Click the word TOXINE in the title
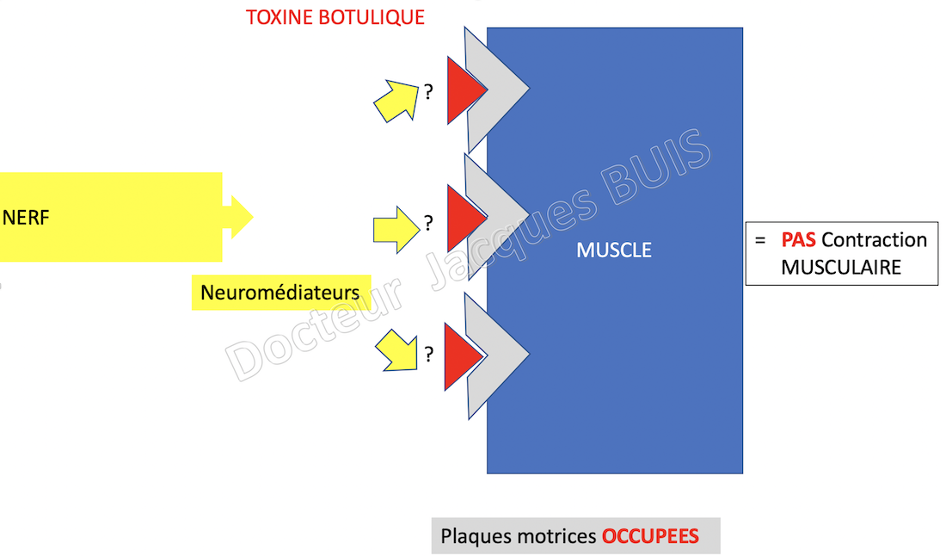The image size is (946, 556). pyautogui.click(x=279, y=17)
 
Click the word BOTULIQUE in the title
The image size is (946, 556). pyautogui.click(x=372, y=17)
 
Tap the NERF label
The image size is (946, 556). pyautogui.click(x=26, y=218)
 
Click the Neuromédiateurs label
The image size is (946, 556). pyautogui.click(x=280, y=292)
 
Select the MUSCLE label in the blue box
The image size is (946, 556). pyautogui.click(x=614, y=250)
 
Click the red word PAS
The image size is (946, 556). pyautogui.click(x=798, y=239)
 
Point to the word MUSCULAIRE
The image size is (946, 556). pyautogui.click(x=841, y=268)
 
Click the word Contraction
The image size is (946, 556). pyautogui.click(x=875, y=239)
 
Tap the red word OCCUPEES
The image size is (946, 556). pyautogui.click(x=650, y=536)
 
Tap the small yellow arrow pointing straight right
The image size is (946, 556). pyautogui.click(x=396, y=230)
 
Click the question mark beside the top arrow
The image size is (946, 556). pyautogui.click(x=428, y=92)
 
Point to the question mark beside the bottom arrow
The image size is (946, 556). pyautogui.click(x=429, y=354)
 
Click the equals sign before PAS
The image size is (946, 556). pyautogui.click(x=760, y=240)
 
